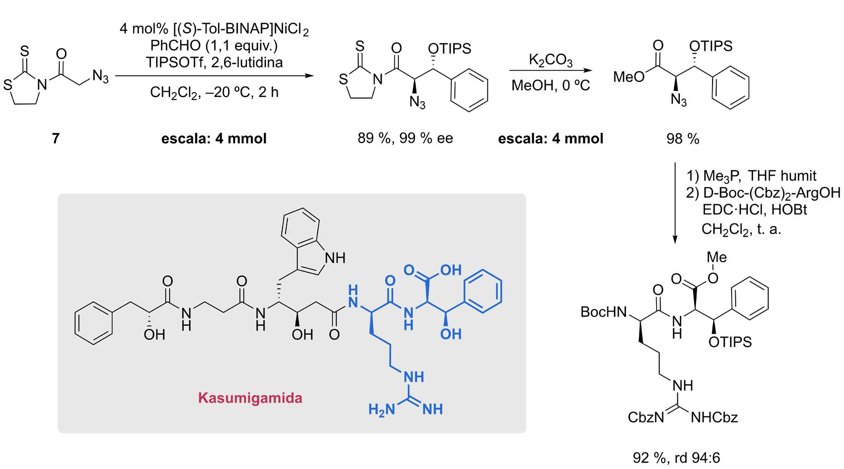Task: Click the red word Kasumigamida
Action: pos(250,399)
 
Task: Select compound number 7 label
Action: pos(56,138)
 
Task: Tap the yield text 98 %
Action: pos(683,139)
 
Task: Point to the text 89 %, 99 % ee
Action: pos(405,138)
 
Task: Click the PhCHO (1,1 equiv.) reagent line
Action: pos(214,46)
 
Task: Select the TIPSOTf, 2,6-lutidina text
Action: pos(214,62)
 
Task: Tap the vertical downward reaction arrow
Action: pos(675,201)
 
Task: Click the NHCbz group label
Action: pos(715,417)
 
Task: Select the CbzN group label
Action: pos(646,417)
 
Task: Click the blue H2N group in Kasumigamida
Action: pos(381,409)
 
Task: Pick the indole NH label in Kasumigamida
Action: pos(335,258)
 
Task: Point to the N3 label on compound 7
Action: pos(100,77)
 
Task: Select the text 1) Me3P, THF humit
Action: pos(751,176)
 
